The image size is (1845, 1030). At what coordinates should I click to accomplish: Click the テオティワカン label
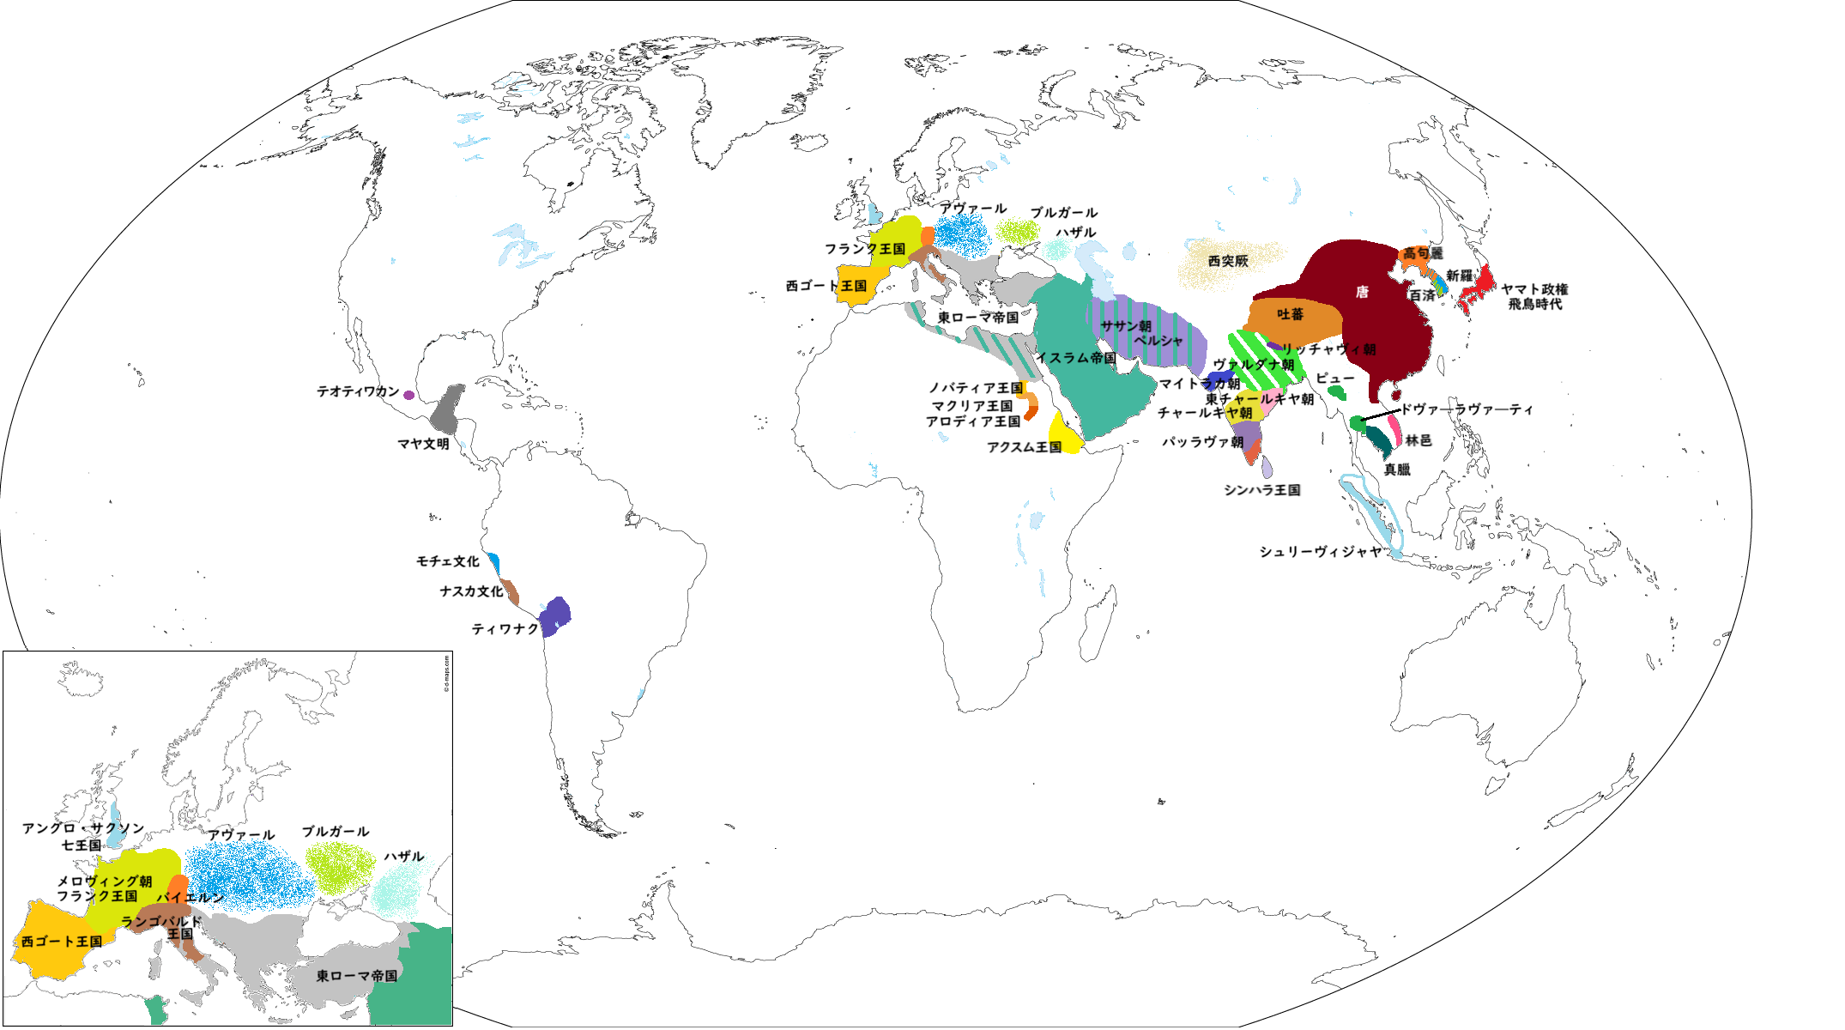358,391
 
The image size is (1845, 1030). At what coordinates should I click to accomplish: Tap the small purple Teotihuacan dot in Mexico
409,396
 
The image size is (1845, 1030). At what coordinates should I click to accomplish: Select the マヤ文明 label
423,444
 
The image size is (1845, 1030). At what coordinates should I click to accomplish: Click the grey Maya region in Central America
445,410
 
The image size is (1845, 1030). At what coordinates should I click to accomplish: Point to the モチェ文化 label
447,561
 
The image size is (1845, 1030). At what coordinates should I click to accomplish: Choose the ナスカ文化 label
471,591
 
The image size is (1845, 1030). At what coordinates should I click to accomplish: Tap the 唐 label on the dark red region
1362,293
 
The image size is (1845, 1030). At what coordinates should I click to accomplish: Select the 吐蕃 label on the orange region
1290,315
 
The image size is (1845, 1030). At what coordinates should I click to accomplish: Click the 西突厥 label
1228,261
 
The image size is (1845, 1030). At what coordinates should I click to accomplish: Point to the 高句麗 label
1422,253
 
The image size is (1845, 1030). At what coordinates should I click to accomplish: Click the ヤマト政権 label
1534,289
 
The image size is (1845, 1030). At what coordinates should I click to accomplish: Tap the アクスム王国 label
1024,447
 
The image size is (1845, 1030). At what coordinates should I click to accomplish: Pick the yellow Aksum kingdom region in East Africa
1063,434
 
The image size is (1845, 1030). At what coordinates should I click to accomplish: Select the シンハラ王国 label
1261,490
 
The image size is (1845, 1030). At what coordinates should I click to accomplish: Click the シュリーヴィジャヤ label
1321,552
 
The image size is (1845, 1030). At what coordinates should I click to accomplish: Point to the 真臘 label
1397,470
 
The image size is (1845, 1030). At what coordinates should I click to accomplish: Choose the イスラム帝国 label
1076,358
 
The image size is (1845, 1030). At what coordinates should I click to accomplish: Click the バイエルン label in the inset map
190,898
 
